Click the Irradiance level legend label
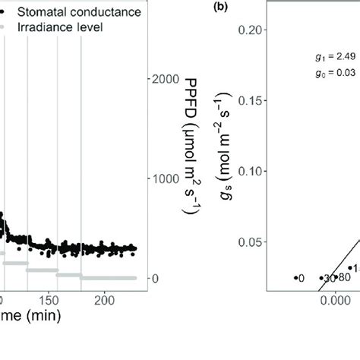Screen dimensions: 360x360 pyautogui.click(x=61, y=27)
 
